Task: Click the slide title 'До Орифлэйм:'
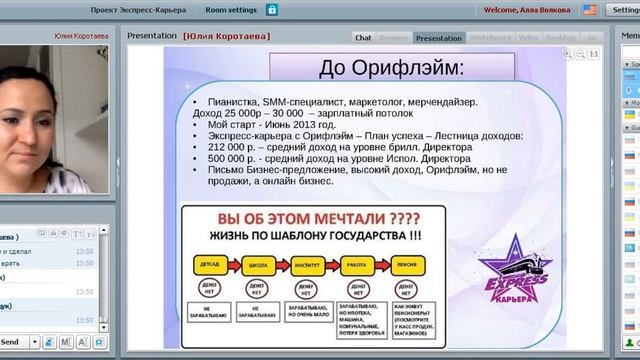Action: coord(391,69)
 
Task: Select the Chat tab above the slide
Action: coord(363,38)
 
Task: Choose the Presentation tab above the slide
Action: coord(438,38)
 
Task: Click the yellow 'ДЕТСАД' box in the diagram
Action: coord(213,264)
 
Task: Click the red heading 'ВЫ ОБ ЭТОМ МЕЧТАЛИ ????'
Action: coord(320,219)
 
